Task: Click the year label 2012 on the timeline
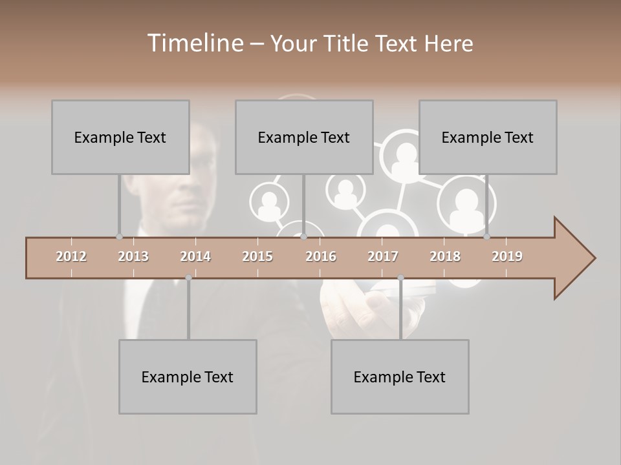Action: (x=71, y=256)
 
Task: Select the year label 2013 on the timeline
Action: (x=133, y=256)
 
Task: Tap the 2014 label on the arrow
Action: (x=195, y=256)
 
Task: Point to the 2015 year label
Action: (x=257, y=256)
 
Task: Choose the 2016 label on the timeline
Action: (x=321, y=256)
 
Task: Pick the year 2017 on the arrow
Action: (x=383, y=256)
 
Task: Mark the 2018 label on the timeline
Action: (x=445, y=256)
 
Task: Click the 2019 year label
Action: (x=507, y=256)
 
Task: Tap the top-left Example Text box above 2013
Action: (x=120, y=137)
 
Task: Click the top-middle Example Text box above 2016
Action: (x=304, y=137)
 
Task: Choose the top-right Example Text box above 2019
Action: (x=488, y=137)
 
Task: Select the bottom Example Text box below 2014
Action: (x=188, y=377)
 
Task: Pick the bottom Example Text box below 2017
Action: (x=400, y=377)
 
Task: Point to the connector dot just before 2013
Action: (x=119, y=236)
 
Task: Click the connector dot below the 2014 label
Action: (x=188, y=278)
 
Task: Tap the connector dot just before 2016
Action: (x=303, y=236)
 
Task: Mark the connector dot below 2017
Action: (x=400, y=278)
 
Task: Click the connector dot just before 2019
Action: (x=486, y=236)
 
